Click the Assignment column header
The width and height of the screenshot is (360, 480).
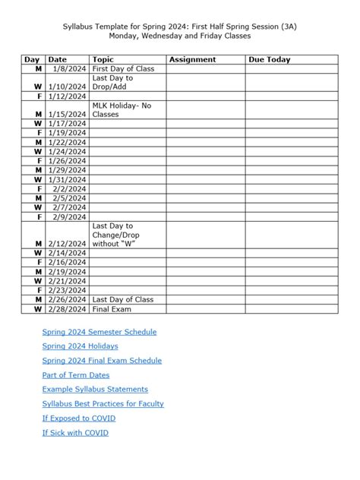point(193,59)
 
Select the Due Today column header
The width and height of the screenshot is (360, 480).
point(269,59)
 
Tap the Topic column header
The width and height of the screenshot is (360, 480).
point(103,59)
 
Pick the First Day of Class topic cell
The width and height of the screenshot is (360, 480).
point(122,68)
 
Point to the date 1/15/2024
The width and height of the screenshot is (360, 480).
point(67,115)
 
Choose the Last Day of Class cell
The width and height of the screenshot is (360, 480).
point(122,299)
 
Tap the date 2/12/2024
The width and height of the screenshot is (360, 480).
point(67,243)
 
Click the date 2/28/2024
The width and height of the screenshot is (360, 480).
point(67,309)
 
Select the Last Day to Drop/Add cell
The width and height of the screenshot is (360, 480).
point(112,82)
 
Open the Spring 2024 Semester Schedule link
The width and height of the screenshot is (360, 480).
point(99,332)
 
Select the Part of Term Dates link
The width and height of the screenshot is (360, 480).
point(76,375)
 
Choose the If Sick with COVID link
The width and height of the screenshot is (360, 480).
point(75,433)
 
